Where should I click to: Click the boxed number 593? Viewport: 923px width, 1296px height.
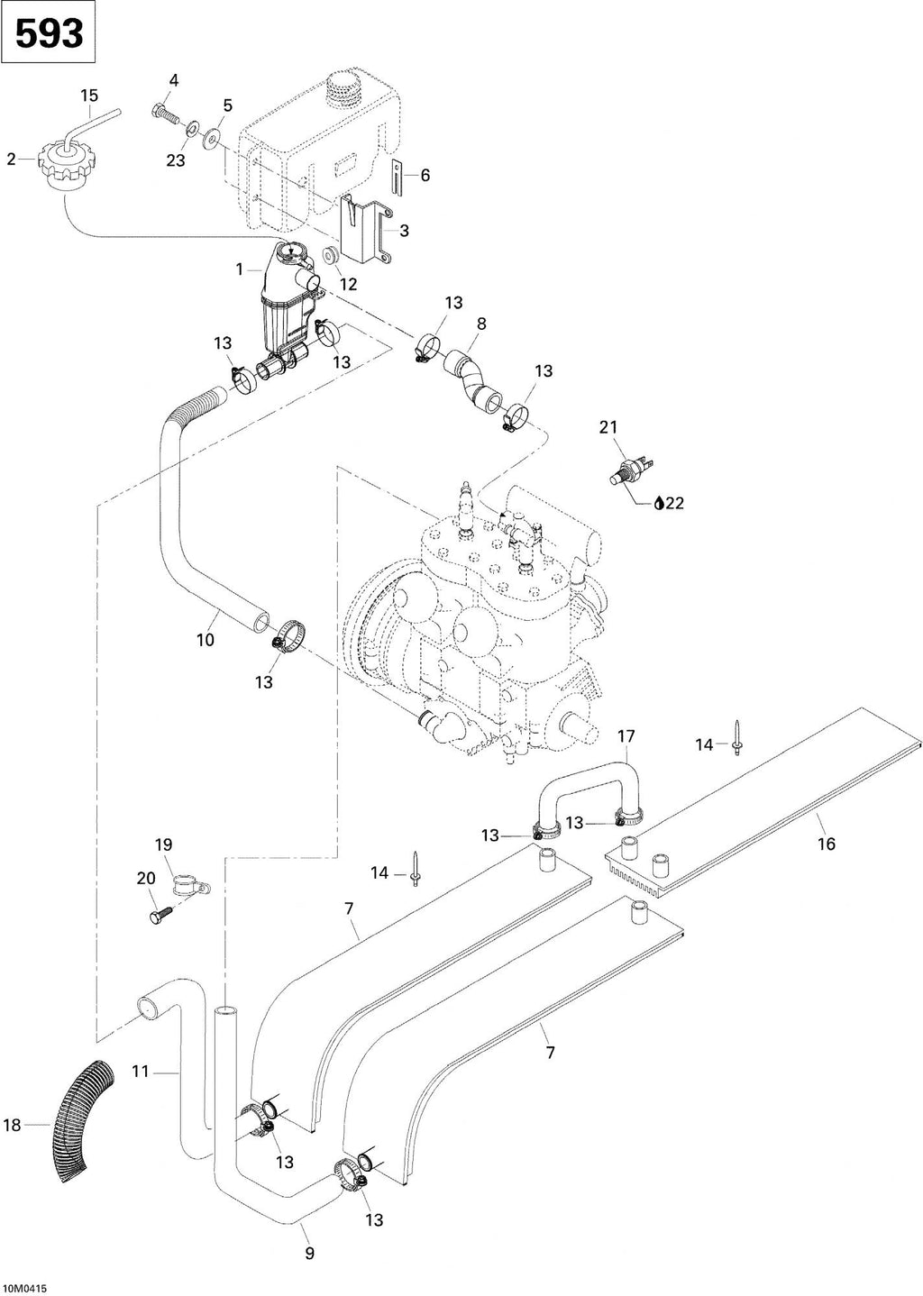(49, 33)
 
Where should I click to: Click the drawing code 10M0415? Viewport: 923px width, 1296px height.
(24, 1289)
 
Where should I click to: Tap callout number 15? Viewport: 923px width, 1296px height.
(89, 96)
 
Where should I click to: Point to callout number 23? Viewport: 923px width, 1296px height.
(176, 160)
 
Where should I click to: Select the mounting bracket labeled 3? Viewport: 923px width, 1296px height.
(364, 230)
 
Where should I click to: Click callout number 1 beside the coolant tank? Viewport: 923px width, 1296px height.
(239, 269)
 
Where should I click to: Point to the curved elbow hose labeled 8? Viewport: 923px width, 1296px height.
(471, 380)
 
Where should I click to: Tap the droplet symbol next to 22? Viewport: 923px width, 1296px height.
(658, 503)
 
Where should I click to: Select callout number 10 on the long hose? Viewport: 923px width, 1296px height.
(206, 640)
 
